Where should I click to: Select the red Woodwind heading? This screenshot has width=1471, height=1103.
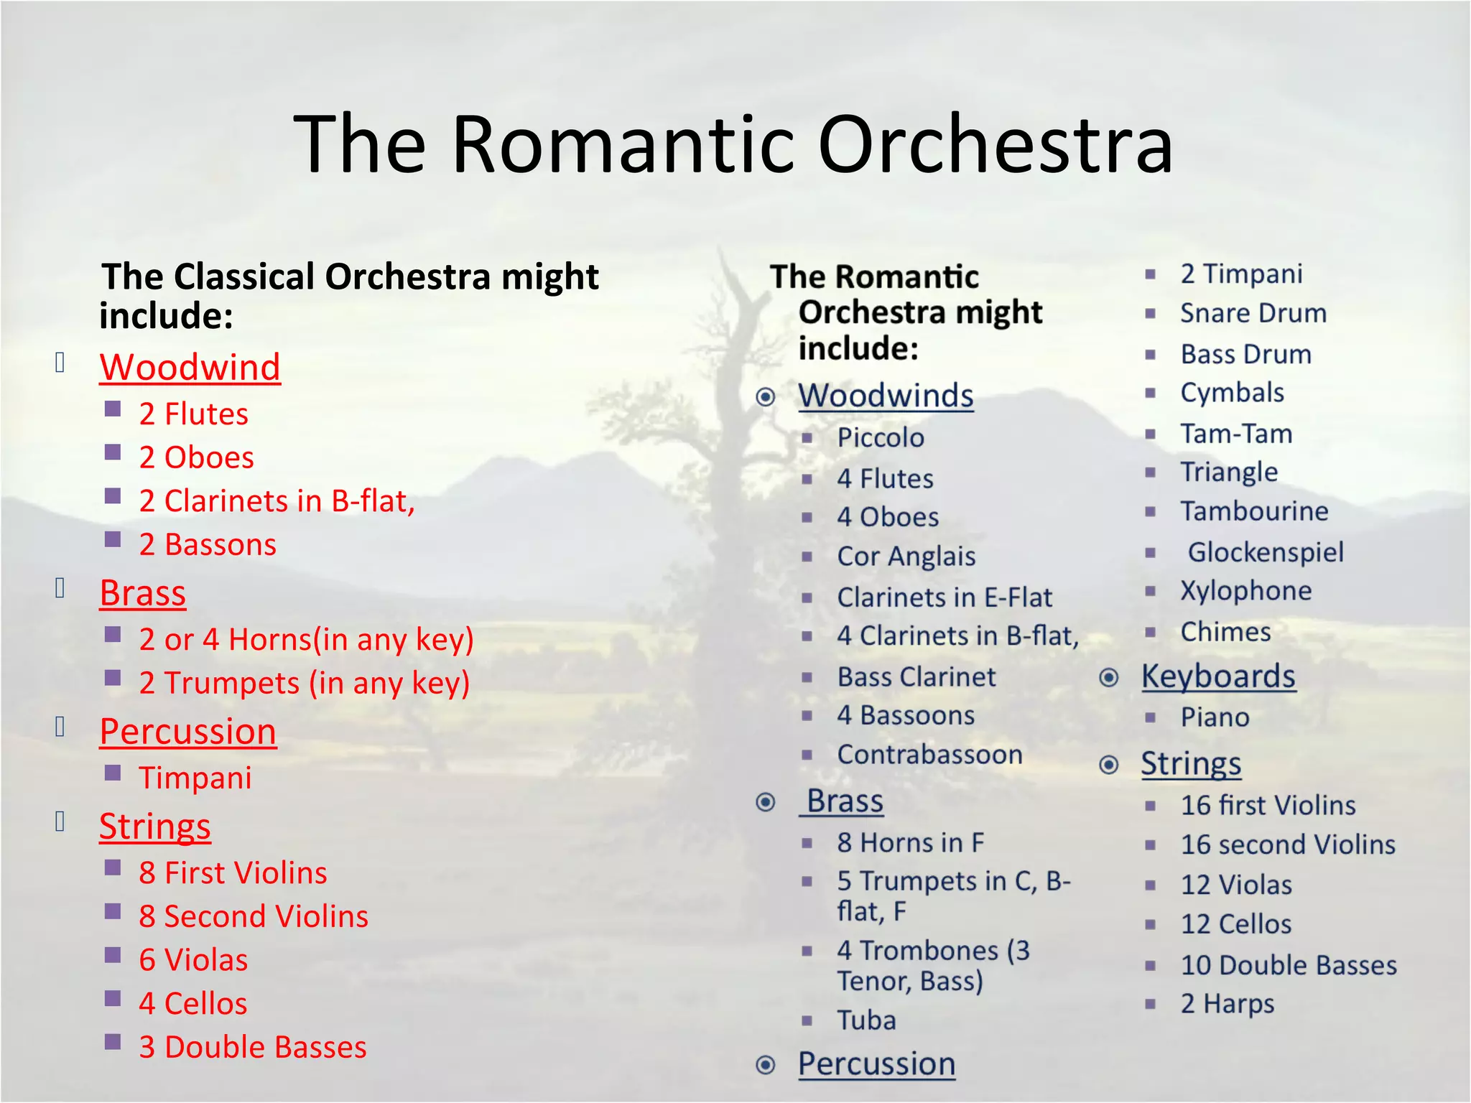pos(190,368)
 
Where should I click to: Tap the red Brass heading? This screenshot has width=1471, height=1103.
pos(142,594)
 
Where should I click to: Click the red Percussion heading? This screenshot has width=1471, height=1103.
pos(187,732)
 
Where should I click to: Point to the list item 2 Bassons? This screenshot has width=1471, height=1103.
pos(207,545)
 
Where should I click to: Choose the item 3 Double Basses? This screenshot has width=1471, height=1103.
pos(252,1047)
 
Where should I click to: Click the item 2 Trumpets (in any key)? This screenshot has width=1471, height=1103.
pos(304,683)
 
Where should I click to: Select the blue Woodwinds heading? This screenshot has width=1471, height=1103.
pos(886,396)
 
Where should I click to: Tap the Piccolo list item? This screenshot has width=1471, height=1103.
pos(881,438)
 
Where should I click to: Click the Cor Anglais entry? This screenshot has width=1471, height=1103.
pos(906,557)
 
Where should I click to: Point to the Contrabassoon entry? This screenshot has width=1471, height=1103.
pos(929,755)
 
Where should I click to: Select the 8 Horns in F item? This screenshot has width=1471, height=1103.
pos(910,843)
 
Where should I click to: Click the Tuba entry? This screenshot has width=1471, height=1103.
pos(866,1020)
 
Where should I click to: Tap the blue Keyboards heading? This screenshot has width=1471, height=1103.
pos(1218,676)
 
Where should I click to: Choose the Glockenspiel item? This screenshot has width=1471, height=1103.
pos(1265,552)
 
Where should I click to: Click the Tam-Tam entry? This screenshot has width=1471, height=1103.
pos(1236,434)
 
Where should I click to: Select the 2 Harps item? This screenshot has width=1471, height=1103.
pos(1227,1004)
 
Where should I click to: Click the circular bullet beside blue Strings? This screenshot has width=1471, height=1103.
pos(1109,765)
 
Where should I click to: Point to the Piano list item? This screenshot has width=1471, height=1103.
pos(1215,717)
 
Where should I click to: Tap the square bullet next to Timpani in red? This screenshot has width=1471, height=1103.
pos(113,773)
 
